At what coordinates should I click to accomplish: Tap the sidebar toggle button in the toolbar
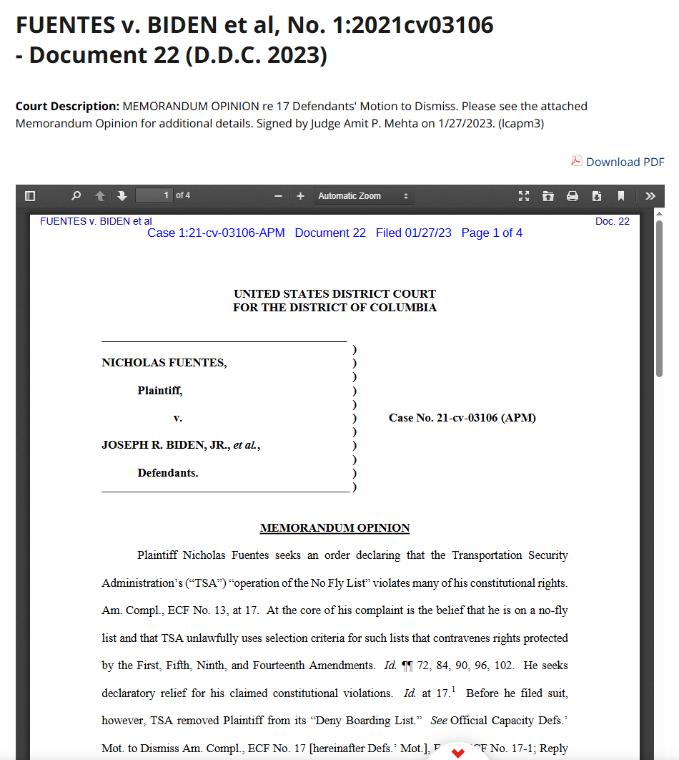point(30,195)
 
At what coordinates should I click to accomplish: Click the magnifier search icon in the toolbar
point(76,195)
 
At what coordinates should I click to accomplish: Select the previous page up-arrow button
point(100,195)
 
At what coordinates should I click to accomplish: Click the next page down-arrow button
point(122,195)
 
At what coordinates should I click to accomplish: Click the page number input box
point(154,195)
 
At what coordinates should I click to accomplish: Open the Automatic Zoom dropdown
point(363,195)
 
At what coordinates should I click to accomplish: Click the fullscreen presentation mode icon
point(524,195)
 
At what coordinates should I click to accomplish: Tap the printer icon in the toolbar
point(573,195)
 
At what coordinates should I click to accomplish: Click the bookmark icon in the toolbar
point(621,195)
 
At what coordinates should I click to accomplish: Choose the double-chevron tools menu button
point(650,195)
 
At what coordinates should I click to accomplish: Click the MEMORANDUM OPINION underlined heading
point(334,528)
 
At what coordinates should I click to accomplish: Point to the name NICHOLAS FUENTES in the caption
point(164,363)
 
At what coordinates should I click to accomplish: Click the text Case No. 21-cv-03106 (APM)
point(462,418)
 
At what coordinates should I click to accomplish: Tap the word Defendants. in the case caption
point(168,473)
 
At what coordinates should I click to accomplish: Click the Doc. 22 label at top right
point(613,221)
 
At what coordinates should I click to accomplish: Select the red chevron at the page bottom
point(458,753)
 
